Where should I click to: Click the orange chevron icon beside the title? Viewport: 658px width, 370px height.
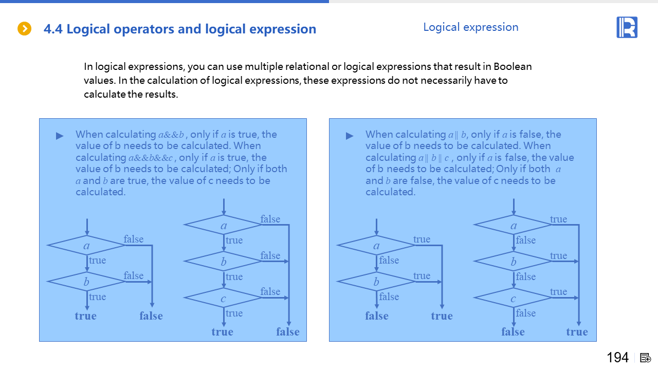pyautogui.click(x=24, y=29)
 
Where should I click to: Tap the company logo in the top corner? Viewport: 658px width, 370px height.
pyautogui.click(x=627, y=27)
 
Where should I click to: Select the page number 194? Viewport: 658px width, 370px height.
pyautogui.click(x=617, y=358)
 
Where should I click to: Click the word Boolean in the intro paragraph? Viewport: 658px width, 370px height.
pyautogui.click(x=513, y=66)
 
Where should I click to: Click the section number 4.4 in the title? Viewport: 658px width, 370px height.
pyautogui.click(x=53, y=29)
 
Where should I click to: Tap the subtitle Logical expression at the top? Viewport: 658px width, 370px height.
pyautogui.click(x=470, y=27)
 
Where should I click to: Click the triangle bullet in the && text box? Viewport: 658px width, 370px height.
pyautogui.click(x=60, y=136)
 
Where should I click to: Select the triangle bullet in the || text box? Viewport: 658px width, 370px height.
pyautogui.click(x=350, y=136)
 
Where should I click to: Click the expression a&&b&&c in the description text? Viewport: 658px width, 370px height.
pyautogui.click(x=150, y=158)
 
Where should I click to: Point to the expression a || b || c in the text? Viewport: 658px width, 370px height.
pyautogui.click(x=434, y=158)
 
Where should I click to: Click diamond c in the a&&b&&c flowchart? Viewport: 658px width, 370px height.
pyautogui.click(x=223, y=298)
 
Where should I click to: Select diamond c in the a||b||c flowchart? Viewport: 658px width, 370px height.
pyautogui.click(x=513, y=298)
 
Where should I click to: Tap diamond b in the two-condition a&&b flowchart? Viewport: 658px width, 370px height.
pyautogui.click(x=86, y=282)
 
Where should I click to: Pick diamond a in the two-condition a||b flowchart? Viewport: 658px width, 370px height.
pyautogui.click(x=376, y=246)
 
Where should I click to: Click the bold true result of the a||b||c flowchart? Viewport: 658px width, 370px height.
pyautogui.click(x=577, y=332)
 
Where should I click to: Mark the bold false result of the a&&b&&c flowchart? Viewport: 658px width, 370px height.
pyautogui.click(x=288, y=332)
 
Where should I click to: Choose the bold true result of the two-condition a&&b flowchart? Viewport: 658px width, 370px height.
pyautogui.click(x=85, y=316)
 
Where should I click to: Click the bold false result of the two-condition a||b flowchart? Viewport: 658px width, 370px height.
pyautogui.click(x=377, y=316)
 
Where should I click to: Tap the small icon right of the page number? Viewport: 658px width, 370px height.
pyautogui.click(x=646, y=358)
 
